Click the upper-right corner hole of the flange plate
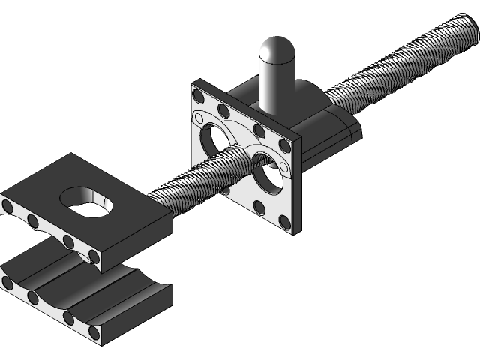click(283, 145)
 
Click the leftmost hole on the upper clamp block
click(7, 205)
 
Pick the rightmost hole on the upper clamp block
click(94, 256)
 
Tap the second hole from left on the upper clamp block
click(33, 221)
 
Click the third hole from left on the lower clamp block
click(68, 317)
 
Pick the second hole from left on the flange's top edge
click(223, 111)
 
